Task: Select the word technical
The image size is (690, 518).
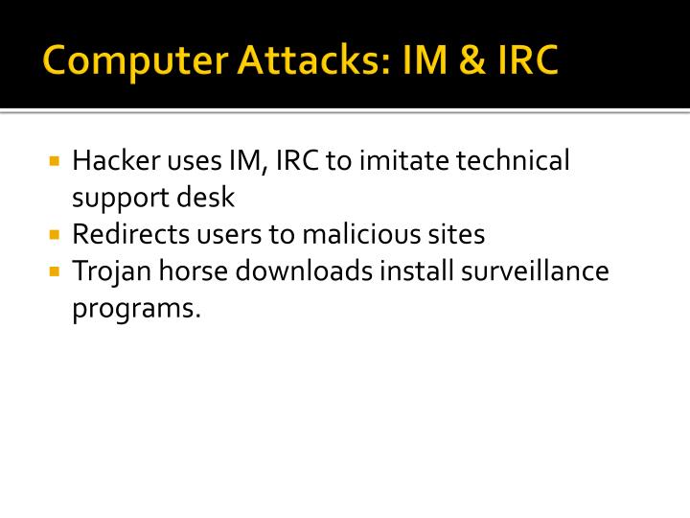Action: pos(513,160)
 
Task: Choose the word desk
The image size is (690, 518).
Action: pos(205,198)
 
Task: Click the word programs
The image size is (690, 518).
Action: pos(137,310)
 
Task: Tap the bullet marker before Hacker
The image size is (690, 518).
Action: pos(55,160)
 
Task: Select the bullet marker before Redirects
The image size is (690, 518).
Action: pos(55,234)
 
